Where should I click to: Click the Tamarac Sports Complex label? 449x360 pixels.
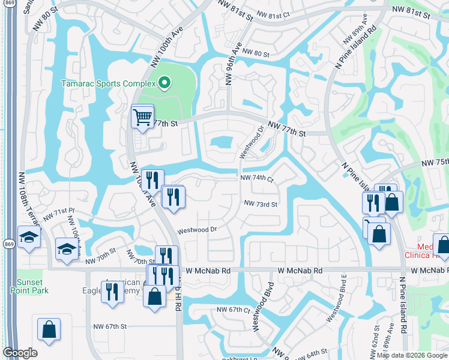(109, 83)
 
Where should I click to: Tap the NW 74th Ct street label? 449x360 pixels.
(257, 179)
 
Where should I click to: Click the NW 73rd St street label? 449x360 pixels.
(261, 204)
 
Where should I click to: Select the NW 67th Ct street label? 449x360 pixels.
(233, 310)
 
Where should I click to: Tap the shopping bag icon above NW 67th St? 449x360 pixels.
(49, 329)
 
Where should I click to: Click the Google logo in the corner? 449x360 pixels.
(20, 353)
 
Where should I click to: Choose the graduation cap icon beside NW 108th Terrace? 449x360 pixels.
(29, 237)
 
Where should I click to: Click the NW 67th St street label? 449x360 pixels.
(110, 326)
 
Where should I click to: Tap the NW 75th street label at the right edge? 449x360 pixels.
(435, 163)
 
